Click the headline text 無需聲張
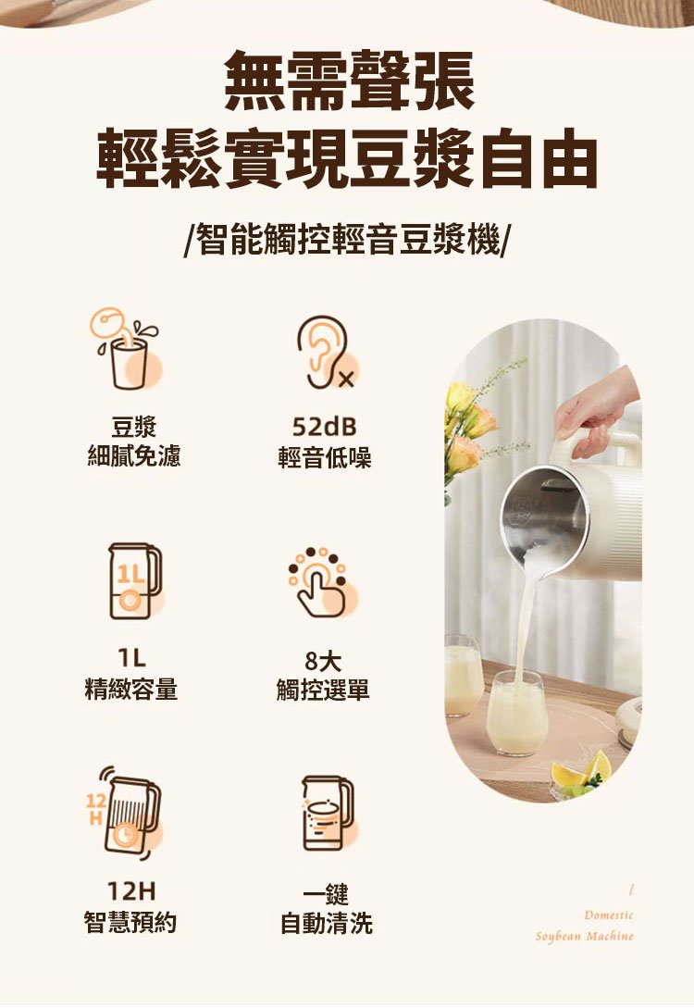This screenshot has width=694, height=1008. [349, 81]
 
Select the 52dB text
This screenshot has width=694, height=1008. [325, 426]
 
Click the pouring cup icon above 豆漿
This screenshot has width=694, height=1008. [127, 348]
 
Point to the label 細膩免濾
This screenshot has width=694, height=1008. [133, 456]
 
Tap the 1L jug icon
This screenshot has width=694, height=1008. [134, 581]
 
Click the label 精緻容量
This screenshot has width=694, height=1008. [131, 690]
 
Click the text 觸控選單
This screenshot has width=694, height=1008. [323, 690]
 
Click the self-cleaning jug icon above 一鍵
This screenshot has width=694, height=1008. [328, 813]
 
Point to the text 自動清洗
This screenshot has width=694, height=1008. [327, 924]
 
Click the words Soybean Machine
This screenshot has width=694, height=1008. [585, 937]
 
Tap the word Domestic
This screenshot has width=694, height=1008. [609, 915]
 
